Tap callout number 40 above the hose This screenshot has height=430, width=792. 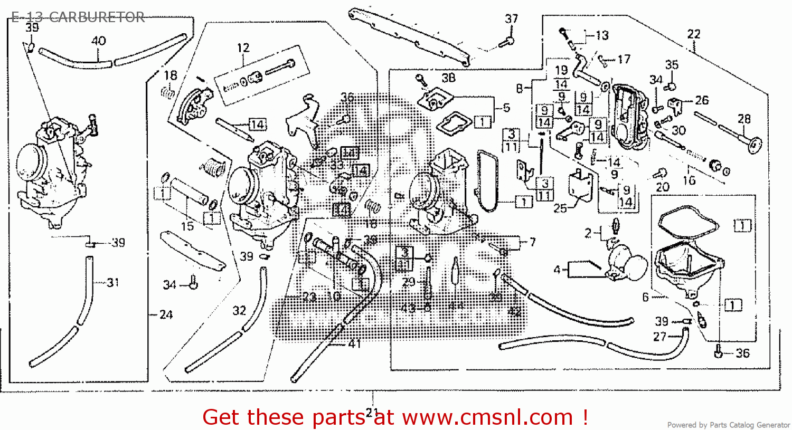pos(99,41)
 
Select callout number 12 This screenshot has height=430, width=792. pos(243,48)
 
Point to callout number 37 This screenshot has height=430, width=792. pos(512,19)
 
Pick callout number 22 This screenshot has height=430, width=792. pos(694,34)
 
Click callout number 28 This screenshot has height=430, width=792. pos(744,119)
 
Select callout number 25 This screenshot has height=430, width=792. pos(560,208)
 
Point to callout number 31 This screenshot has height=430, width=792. pos(113,283)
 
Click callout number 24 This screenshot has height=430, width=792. pos(166,315)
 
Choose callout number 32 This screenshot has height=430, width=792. pos(240,311)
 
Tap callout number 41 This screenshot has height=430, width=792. pos(354,343)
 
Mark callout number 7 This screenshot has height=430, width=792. pos(532,242)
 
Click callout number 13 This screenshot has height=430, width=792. pos(602,35)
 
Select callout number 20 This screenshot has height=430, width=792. pos(663,187)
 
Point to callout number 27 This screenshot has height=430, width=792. pos(660,336)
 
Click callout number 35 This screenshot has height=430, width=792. pos(672,65)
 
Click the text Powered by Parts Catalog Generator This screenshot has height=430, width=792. pos(728,425)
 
